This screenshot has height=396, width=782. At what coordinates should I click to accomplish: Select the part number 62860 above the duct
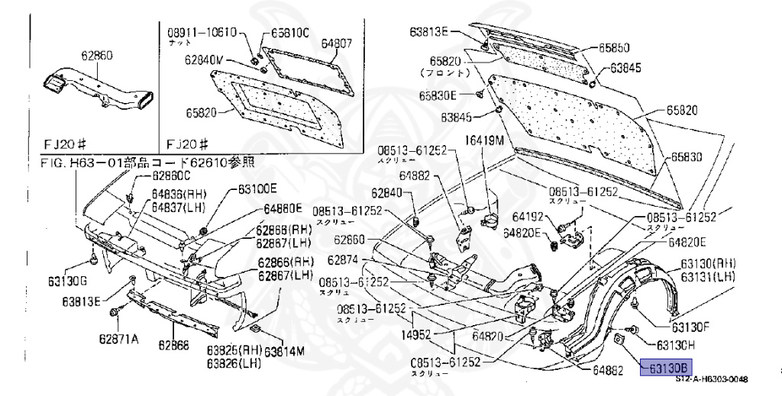tap(97, 55)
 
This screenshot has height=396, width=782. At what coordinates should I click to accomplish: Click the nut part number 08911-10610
tap(202, 32)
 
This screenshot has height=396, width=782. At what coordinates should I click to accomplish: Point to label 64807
tap(336, 43)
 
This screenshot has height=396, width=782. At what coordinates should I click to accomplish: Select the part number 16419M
tap(485, 140)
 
